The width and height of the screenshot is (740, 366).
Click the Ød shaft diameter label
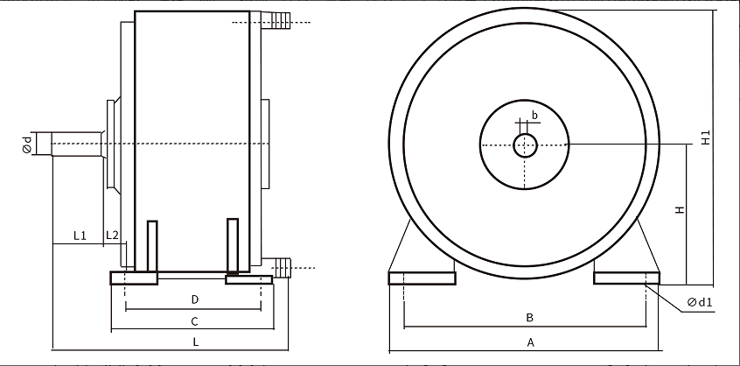(27, 144)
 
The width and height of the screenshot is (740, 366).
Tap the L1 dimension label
(80, 236)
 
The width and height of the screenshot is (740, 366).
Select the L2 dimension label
(112, 235)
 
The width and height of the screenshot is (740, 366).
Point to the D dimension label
(195, 299)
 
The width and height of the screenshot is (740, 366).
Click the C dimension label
(194, 321)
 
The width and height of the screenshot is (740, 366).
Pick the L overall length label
(196, 341)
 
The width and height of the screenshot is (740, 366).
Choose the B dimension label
(529, 317)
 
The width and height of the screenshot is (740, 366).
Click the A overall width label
(530, 342)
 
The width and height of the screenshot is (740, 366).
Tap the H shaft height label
(680, 209)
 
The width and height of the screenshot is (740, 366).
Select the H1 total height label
(706, 137)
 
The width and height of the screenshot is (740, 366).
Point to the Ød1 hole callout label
(700, 302)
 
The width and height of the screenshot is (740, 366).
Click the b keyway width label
(534, 115)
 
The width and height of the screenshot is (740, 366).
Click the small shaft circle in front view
(526, 145)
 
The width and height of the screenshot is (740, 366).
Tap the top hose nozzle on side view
(276, 20)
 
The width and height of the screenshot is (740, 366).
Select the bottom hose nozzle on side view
(276, 267)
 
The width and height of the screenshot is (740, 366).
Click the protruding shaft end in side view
(76, 144)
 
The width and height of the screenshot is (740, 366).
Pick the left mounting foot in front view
(422, 278)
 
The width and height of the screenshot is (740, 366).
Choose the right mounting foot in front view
(626, 278)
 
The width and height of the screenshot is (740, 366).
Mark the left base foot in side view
(134, 278)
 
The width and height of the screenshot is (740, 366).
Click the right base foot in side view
(249, 279)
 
